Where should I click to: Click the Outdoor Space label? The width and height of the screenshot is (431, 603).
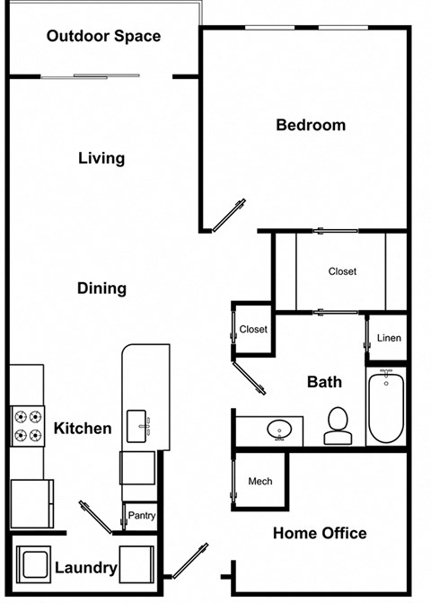pyautogui.click(x=103, y=36)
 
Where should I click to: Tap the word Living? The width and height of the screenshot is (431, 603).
pyautogui.click(x=101, y=158)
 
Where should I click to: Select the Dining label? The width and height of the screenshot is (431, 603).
pyautogui.click(x=101, y=288)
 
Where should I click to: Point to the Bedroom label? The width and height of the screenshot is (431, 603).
pyautogui.click(x=310, y=125)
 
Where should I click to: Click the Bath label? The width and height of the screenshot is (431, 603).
pyautogui.click(x=324, y=382)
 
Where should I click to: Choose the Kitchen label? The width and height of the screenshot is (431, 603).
pyautogui.click(x=83, y=429)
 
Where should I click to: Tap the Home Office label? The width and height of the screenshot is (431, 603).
pyautogui.click(x=320, y=533)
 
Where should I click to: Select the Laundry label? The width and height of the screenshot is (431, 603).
pyautogui.click(x=86, y=568)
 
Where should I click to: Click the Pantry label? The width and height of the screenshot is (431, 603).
pyautogui.click(x=142, y=516)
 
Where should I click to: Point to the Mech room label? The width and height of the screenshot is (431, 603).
pyautogui.click(x=259, y=482)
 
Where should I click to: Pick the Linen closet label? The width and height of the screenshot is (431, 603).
pyautogui.click(x=389, y=338)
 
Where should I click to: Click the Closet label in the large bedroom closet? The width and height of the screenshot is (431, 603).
pyautogui.click(x=342, y=271)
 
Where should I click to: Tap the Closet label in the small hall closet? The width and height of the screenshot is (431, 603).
pyautogui.click(x=253, y=329)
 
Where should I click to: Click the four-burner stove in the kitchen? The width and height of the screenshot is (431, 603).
pyautogui.click(x=27, y=426)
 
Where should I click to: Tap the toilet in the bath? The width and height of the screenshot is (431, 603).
pyautogui.click(x=338, y=426)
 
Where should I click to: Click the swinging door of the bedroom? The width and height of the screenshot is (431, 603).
pyautogui.click(x=228, y=216)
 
